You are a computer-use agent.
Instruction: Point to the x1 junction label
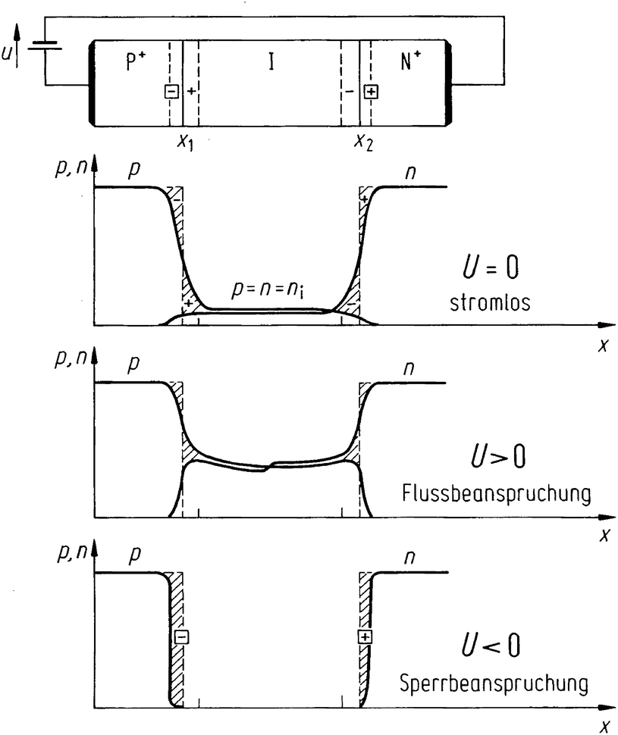click(184, 142)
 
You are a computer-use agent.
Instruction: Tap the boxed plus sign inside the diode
click(371, 92)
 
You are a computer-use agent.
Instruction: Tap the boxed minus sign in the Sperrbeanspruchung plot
click(180, 637)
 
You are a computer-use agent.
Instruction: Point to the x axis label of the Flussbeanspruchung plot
click(604, 536)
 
